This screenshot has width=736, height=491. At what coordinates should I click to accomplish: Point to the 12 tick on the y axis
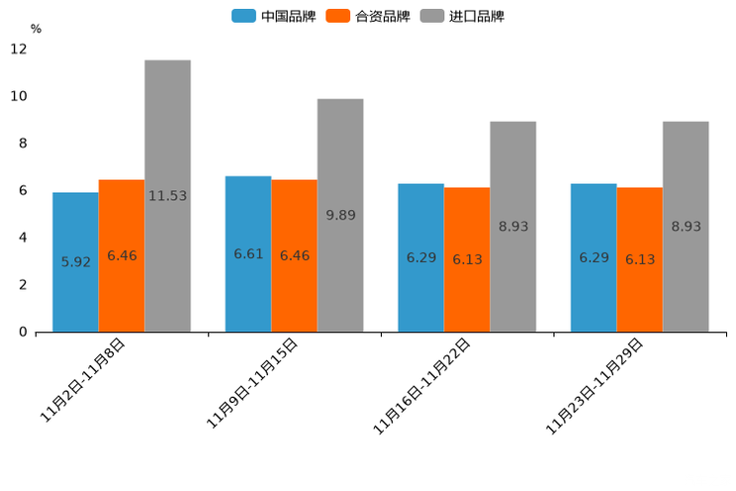click(19, 49)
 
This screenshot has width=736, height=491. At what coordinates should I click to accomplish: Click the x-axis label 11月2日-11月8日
click(82, 380)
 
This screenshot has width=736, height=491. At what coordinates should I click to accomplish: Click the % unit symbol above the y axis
click(36, 29)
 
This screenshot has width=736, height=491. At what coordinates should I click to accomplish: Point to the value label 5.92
click(75, 262)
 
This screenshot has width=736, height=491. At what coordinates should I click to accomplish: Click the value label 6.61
click(248, 254)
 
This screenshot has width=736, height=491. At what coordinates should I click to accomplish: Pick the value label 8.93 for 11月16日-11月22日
click(513, 227)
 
